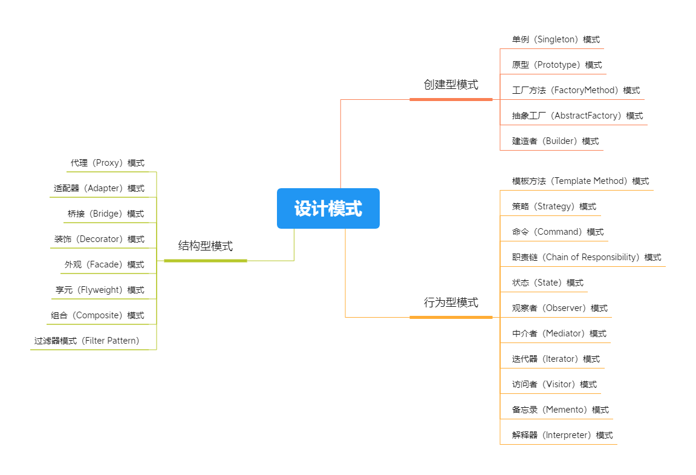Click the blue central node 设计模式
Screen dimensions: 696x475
[x=328, y=209]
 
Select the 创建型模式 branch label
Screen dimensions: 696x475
[x=450, y=85]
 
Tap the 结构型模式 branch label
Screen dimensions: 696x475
[x=205, y=246]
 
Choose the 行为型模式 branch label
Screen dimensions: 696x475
[x=450, y=303]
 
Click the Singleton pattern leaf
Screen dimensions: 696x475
[x=555, y=40]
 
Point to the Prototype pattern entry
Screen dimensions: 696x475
[x=556, y=65]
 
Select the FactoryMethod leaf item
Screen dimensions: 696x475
[x=575, y=91]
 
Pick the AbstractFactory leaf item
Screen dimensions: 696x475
[x=577, y=116]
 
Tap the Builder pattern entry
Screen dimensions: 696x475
[x=555, y=142]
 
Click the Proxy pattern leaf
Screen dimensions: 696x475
[x=107, y=163]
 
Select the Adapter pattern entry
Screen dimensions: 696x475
[x=99, y=189]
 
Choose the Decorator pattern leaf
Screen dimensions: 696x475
[x=99, y=240]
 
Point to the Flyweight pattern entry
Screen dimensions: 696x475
[x=99, y=290]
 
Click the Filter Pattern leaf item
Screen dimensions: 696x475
[x=86, y=341]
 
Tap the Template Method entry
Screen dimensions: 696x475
[x=580, y=182]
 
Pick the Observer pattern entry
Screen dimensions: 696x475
[x=559, y=309]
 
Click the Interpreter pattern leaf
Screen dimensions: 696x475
[x=562, y=436]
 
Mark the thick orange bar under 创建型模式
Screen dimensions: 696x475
[x=450, y=99]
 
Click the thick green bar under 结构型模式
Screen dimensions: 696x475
[x=205, y=261]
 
